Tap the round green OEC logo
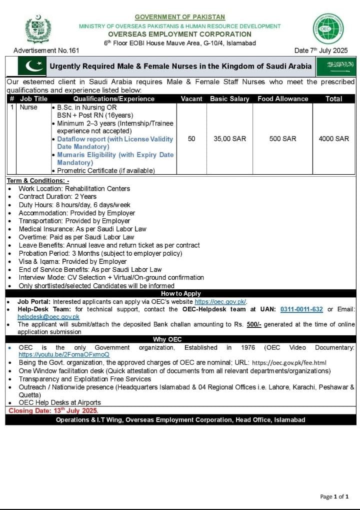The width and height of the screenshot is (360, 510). click(x=328, y=29)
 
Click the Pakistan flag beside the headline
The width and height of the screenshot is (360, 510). click(x=31, y=66)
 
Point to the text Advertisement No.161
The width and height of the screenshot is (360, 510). click(x=46, y=51)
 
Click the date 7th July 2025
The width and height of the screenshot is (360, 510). click(x=321, y=51)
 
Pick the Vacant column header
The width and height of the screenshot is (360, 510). click(x=191, y=99)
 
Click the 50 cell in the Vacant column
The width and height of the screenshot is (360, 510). click(x=191, y=139)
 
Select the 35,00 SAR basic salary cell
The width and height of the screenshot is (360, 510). click(x=230, y=139)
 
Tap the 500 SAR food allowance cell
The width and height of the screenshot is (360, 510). click(x=283, y=139)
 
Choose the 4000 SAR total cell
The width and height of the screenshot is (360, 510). click(x=333, y=139)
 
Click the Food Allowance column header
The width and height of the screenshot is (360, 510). click(x=283, y=99)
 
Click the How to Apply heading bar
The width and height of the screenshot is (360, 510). click(x=180, y=294)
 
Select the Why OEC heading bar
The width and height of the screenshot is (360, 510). click(x=180, y=340)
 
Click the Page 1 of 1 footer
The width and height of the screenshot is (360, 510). click(x=334, y=496)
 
